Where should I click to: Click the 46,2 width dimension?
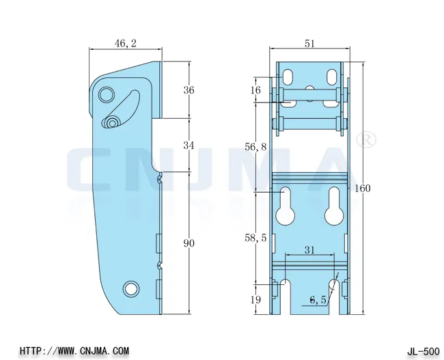point(125,44)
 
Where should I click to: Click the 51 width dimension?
point(309,44)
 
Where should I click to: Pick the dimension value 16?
point(255,90)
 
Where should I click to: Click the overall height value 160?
point(363,189)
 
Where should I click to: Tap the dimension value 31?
point(309,250)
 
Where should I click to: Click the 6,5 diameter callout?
point(318,299)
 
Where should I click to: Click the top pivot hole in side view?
point(107,94)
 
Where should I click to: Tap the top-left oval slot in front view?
point(290,74)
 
